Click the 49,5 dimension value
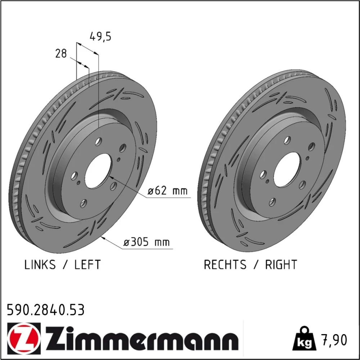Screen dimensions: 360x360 pyautogui.click(x=100, y=37)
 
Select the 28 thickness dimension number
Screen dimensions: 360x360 pyautogui.click(x=61, y=54)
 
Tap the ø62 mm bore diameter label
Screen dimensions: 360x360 pyautogui.click(x=167, y=190)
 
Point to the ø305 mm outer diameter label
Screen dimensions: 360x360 pyautogui.click(x=147, y=242)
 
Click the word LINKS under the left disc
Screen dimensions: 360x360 pyautogui.click(x=40, y=265)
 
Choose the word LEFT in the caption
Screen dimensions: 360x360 pyautogui.click(x=87, y=265)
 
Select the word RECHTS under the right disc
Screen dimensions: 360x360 pyautogui.click(x=225, y=265)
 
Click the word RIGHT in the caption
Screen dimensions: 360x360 pyautogui.click(x=281, y=265)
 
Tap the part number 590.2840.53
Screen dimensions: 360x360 pyautogui.click(x=46, y=310)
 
